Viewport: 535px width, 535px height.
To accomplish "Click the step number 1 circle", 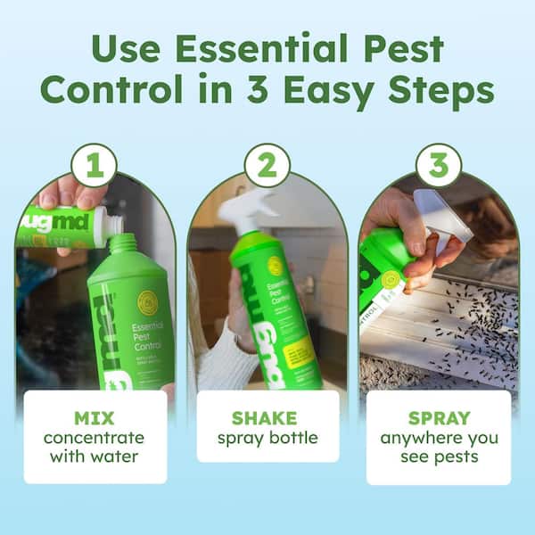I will point(94,165).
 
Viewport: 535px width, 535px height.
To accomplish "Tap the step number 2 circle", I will point(267,165).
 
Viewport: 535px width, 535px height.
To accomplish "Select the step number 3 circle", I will point(439,165).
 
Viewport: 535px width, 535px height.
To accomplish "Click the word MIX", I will point(95,416).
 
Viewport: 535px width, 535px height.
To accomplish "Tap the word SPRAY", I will point(439,417).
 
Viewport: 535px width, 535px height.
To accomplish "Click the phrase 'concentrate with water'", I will point(95,449).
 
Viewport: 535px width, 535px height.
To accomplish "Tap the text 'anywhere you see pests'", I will point(439,449).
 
